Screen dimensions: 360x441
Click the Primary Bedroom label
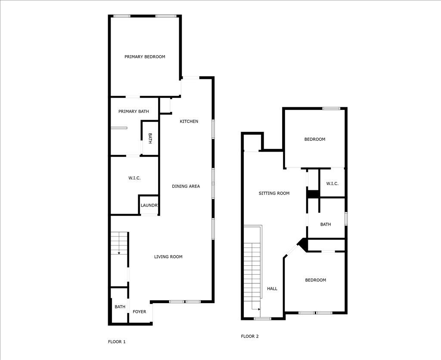(145, 57)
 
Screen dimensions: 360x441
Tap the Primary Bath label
(134, 112)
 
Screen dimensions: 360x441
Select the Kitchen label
(189, 121)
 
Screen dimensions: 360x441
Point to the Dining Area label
(186, 186)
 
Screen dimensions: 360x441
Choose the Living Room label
(168, 257)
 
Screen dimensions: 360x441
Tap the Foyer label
(139, 312)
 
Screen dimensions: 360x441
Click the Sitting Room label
(274, 193)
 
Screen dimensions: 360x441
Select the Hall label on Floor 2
(272, 289)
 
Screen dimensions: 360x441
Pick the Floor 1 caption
(117, 342)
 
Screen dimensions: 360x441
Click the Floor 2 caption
(250, 336)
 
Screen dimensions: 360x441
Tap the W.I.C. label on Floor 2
(332, 183)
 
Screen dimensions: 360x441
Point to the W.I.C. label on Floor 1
(135, 178)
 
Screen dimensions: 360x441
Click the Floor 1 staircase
(119, 243)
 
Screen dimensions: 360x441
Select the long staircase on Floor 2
(253, 276)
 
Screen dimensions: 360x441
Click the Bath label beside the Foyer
(120, 307)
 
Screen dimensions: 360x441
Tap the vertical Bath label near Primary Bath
(150, 138)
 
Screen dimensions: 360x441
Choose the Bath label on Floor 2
(326, 224)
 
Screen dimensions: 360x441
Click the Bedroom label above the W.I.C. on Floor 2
(315, 139)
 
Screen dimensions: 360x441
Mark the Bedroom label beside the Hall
(316, 280)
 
